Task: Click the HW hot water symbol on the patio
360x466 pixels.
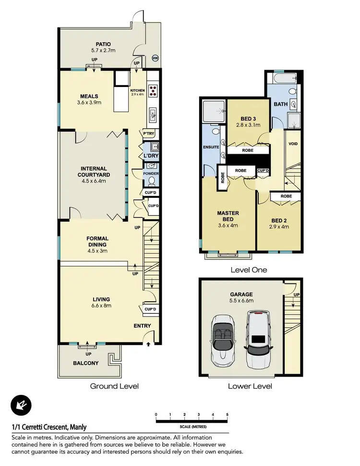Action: click(x=155, y=58)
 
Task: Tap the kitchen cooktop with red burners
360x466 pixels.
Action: click(x=153, y=91)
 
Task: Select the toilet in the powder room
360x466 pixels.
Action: click(x=152, y=181)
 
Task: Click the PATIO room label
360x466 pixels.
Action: click(x=103, y=44)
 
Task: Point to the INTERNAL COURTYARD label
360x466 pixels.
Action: click(x=93, y=172)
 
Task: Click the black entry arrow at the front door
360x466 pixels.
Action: click(x=148, y=344)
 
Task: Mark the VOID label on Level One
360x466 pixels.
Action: click(x=292, y=144)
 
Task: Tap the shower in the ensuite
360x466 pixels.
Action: click(x=214, y=111)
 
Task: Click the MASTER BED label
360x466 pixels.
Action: click(x=228, y=216)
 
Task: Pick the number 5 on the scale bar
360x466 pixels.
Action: click(x=227, y=414)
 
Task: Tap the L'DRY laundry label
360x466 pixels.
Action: click(x=151, y=156)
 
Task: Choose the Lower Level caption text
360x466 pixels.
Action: click(x=250, y=386)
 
